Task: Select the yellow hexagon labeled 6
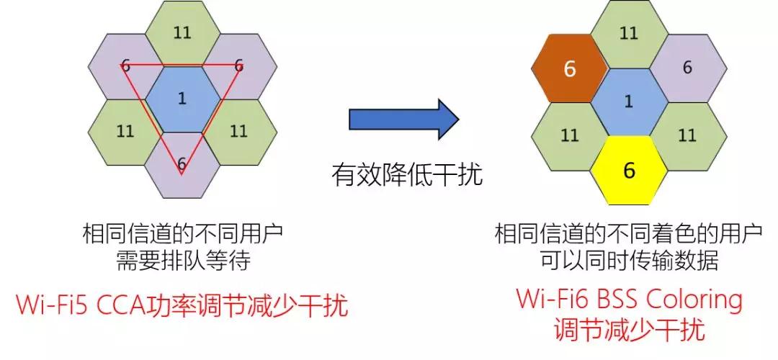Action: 629,170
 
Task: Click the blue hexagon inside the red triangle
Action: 182,99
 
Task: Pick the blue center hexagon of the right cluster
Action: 629,102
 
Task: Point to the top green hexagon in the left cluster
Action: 182,33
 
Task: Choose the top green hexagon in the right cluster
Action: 629,34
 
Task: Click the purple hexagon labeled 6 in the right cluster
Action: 687,68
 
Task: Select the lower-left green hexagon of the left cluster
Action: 125,131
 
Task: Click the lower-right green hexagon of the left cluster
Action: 238,131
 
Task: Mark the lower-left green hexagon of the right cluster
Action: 570,135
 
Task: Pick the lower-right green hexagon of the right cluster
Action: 687,135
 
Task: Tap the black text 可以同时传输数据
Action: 629,260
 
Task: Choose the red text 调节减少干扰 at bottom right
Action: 629,330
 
